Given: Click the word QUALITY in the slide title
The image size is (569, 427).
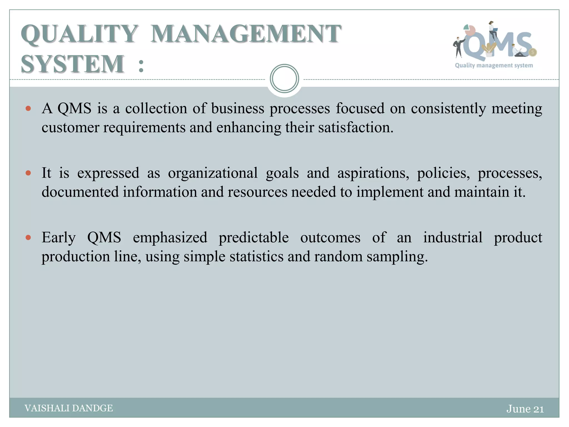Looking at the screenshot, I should click(79, 34).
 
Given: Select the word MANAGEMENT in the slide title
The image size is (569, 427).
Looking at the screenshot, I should click(246, 34).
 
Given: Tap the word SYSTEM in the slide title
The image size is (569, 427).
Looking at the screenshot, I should click(73, 64).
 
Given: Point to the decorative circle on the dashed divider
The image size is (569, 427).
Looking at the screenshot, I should click(284, 79).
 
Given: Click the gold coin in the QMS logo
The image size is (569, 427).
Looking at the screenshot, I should click(533, 52).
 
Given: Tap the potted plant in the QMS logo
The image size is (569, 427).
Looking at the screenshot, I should click(488, 50).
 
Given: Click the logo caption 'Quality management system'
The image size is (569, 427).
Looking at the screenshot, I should click(494, 66).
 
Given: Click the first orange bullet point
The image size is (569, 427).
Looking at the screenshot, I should click(28, 108).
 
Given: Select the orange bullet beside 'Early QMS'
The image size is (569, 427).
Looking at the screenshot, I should click(28, 238).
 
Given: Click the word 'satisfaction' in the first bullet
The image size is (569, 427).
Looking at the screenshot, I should click(356, 128).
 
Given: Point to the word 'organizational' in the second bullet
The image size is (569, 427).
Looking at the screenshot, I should click(213, 173).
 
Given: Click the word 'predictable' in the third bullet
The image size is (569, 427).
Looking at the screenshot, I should click(254, 238).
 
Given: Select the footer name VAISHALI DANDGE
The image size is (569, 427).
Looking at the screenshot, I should click(69, 408).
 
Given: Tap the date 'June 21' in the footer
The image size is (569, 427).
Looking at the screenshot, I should click(525, 409).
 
